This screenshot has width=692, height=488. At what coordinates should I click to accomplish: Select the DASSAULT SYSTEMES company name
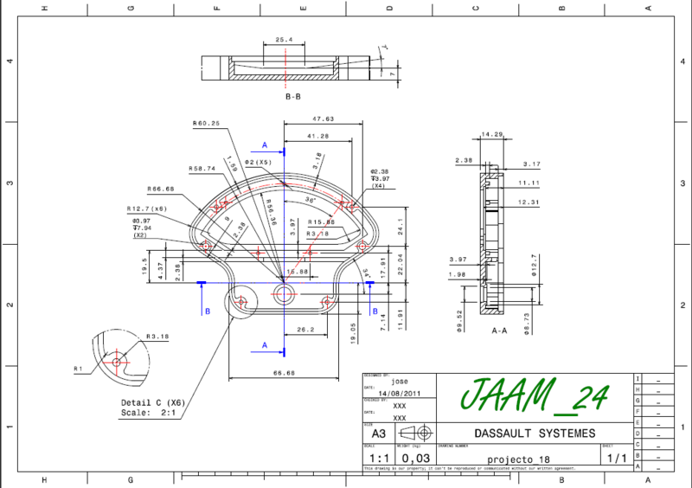[535, 433]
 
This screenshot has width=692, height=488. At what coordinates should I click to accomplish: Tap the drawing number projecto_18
[519, 458]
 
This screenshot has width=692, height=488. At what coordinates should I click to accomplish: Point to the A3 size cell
[378, 433]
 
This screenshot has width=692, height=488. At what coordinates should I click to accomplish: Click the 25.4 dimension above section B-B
[285, 40]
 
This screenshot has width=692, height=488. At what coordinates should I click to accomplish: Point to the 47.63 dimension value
[324, 119]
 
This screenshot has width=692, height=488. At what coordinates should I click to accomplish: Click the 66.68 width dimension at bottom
[285, 373]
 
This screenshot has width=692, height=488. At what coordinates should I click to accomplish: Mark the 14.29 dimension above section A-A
[492, 134]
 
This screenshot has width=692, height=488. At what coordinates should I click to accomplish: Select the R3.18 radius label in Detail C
[157, 337]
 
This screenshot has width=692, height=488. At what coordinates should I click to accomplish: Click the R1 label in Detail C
[78, 369]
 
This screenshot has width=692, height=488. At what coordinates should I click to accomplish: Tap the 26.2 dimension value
[304, 330]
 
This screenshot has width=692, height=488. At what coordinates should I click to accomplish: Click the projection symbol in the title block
[415, 433]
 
